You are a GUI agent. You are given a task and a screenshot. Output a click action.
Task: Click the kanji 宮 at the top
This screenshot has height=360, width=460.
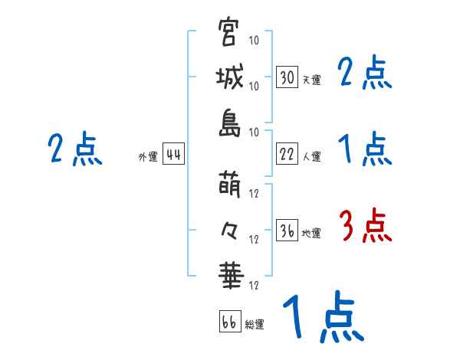click(x=228, y=33)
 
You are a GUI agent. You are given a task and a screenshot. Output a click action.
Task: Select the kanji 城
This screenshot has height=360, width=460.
click(x=228, y=77)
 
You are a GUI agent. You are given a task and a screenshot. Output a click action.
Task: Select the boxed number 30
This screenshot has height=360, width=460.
click(x=287, y=77)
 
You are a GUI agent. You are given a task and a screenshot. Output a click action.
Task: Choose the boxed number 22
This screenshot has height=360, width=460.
click(x=287, y=154)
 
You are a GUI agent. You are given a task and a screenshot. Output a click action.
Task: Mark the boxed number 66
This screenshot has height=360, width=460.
click(x=229, y=322)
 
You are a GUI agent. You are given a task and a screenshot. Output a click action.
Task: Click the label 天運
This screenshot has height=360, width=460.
click(x=311, y=80)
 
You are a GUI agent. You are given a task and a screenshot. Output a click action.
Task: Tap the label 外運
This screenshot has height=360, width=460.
click(x=148, y=157)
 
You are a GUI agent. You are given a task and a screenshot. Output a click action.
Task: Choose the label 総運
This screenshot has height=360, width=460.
click(x=255, y=325)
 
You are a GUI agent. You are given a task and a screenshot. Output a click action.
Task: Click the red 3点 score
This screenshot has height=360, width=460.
click(x=365, y=226)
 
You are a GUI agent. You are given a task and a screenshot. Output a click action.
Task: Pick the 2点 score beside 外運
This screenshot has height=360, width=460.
click(x=75, y=149)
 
